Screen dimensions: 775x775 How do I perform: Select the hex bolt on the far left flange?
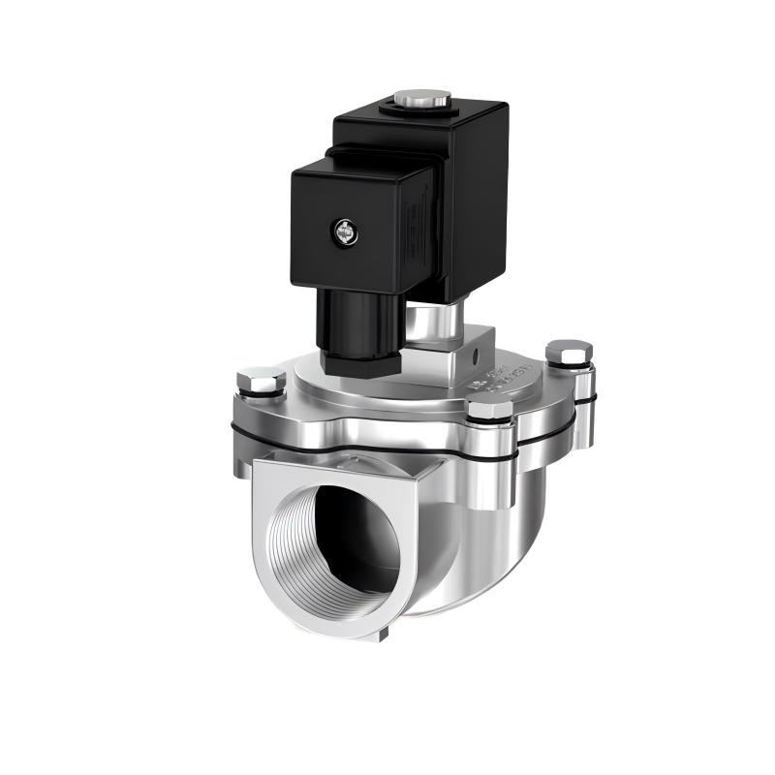point(261,379)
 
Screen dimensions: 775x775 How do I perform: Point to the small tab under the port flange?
point(384,635)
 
